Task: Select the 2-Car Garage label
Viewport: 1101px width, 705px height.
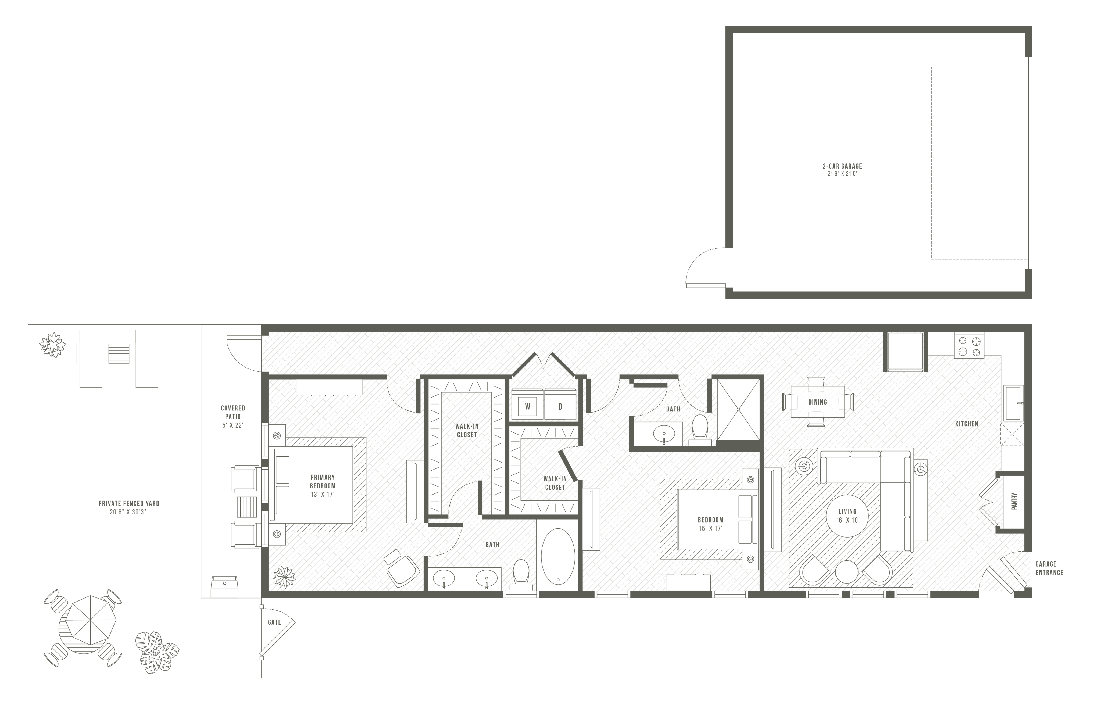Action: pyautogui.click(x=842, y=166)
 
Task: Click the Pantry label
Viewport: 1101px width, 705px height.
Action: pyautogui.click(x=1014, y=501)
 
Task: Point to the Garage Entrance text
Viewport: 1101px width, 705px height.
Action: pyautogui.click(x=1049, y=568)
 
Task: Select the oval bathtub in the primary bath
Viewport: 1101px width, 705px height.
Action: pyautogui.click(x=558, y=556)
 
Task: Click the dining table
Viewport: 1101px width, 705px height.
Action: pyautogui.click(x=818, y=402)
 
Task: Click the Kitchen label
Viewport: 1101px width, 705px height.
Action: pyautogui.click(x=966, y=424)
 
